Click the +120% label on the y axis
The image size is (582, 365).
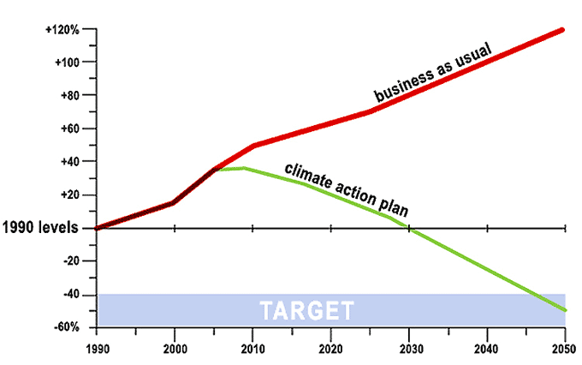point(62,29)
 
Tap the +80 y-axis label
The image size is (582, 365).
point(69,95)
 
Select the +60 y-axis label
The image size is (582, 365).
point(69,129)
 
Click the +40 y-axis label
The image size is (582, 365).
point(69,161)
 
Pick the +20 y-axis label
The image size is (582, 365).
point(69,194)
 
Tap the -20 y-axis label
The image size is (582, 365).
point(71,261)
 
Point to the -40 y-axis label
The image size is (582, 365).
point(71,294)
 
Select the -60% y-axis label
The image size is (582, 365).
point(68,327)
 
